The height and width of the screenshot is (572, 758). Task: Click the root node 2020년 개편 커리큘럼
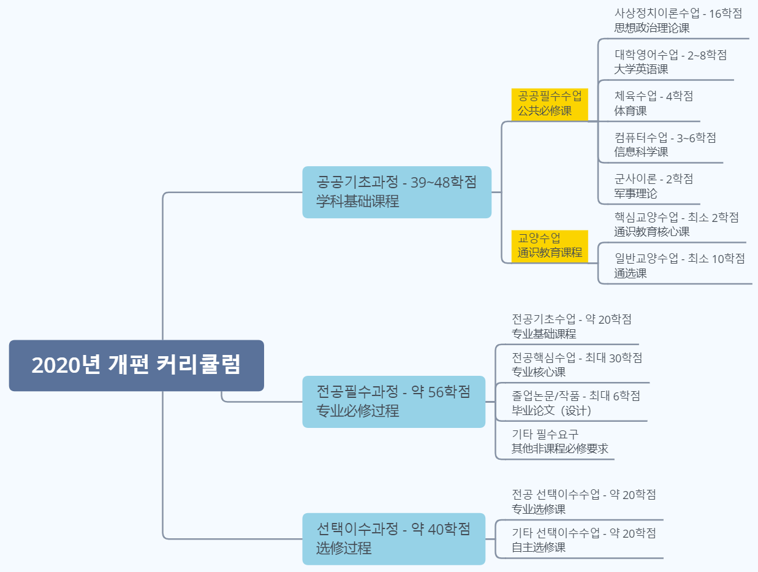[136, 365]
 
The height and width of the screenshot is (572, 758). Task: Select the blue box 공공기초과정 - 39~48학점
[396, 192]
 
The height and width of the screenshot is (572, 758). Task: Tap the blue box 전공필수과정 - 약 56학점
[393, 402]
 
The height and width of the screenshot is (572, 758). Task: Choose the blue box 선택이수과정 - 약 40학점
[393, 538]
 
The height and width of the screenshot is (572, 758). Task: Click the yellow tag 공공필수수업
[550, 104]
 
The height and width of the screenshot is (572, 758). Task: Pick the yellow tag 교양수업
[550, 245]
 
